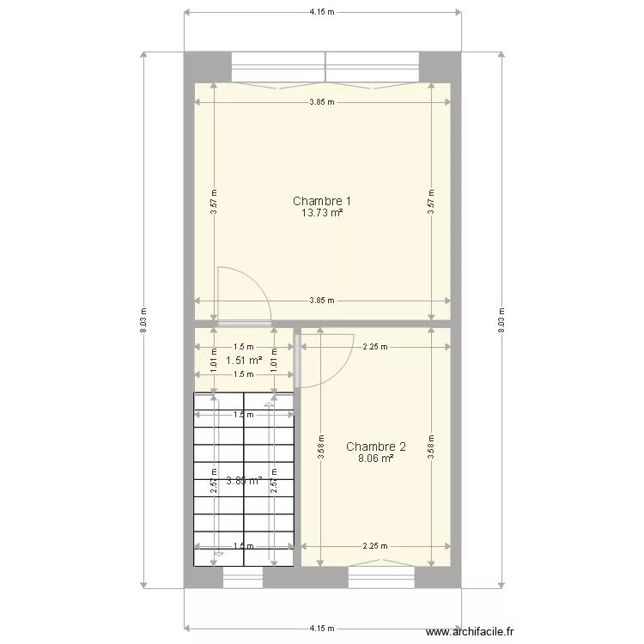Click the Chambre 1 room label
pyautogui.click(x=322, y=201)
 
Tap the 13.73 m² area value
pyautogui.click(x=322, y=213)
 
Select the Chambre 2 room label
pyautogui.click(x=375, y=447)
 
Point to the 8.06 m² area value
pyautogui.click(x=375, y=459)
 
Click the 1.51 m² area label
pyautogui.click(x=244, y=361)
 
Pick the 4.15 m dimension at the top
pyautogui.click(x=322, y=12)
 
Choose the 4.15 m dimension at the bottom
pyautogui.click(x=322, y=628)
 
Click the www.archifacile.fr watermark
pyautogui.click(x=473, y=632)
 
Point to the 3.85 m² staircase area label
pyautogui.click(x=244, y=481)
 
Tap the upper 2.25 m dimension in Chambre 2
pyautogui.click(x=374, y=347)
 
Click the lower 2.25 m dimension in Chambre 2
pyautogui.click(x=374, y=545)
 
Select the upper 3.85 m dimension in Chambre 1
pyautogui.click(x=322, y=101)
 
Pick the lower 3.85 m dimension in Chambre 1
pyautogui.click(x=322, y=301)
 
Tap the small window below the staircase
pyautogui.click(x=243, y=578)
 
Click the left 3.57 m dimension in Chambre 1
pyautogui.click(x=214, y=202)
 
